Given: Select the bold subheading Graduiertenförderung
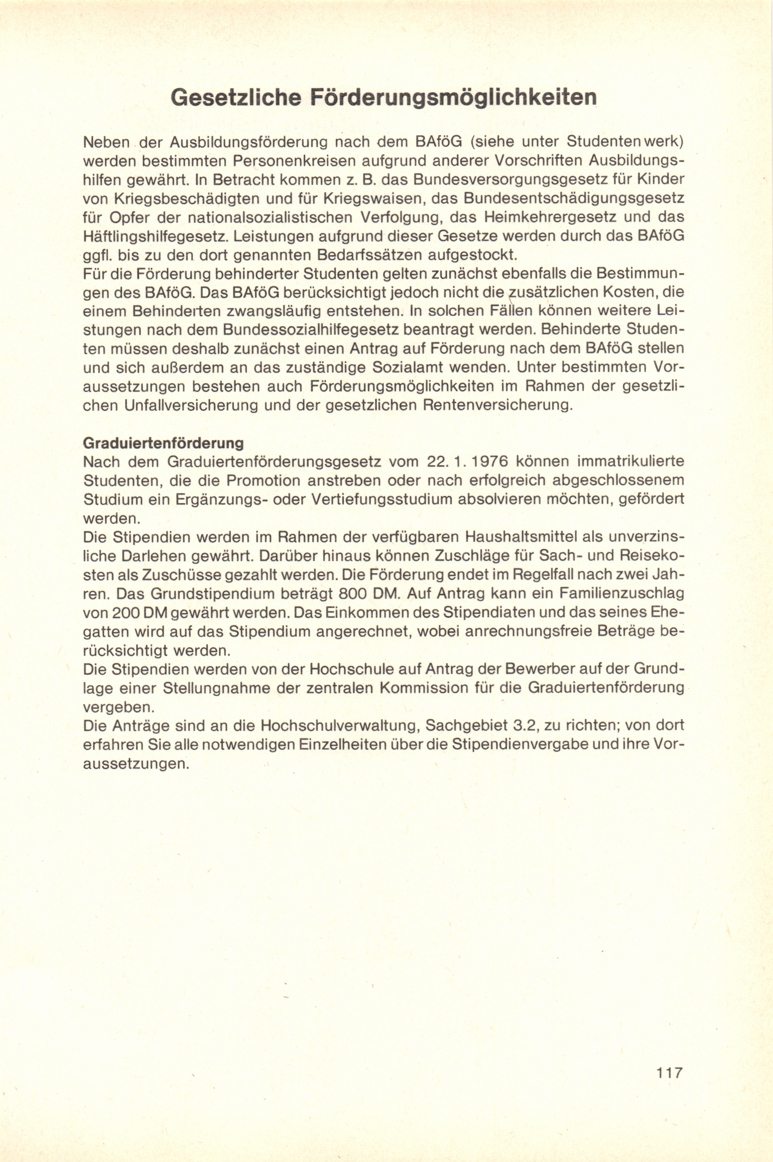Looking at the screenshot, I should point(163,443).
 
